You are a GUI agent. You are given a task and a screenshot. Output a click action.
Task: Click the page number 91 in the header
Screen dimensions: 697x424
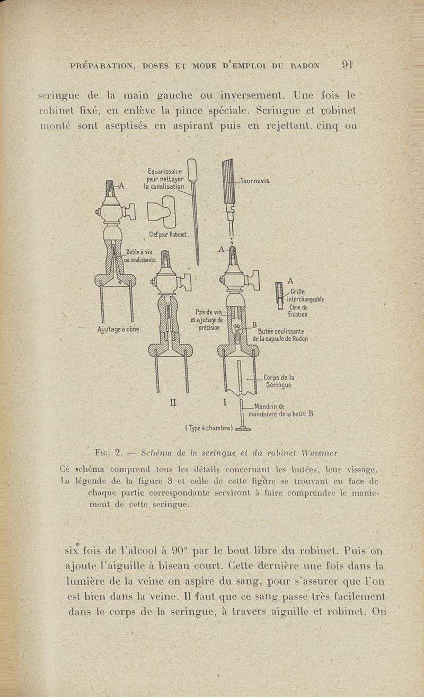coord(347,65)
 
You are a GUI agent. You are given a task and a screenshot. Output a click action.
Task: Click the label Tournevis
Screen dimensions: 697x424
coord(255,181)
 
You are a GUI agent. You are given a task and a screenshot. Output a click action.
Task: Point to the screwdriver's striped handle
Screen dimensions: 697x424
coord(228,181)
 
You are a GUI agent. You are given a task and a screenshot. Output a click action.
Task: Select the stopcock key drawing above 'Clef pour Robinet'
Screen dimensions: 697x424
coord(162,211)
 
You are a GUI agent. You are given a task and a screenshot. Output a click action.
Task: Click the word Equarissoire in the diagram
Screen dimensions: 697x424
coord(165,172)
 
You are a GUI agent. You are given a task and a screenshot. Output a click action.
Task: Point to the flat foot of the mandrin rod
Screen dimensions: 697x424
coord(243,429)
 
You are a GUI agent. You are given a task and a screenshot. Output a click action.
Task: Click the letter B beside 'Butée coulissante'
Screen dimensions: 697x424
coord(254,324)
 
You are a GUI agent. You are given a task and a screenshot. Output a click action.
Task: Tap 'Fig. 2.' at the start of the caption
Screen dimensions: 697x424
coord(109,453)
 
